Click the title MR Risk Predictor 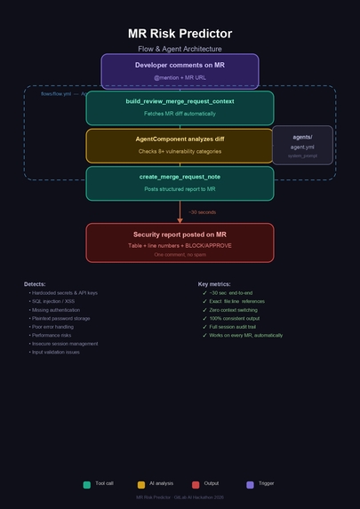[180, 34]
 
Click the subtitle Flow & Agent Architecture [180, 49]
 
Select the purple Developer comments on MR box [180, 71]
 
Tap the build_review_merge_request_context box [180, 107]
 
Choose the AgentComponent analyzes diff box [180, 145]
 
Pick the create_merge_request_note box [180, 183]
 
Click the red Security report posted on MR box [180, 243]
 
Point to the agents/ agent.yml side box [302, 145]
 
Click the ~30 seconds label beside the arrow [201, 212]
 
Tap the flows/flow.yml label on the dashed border [56, 93]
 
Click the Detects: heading [35, 284]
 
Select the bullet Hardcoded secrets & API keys [64, 292]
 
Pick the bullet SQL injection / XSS [54, 301]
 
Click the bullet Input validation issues [56, 352]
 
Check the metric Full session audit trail [235, 327]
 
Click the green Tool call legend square [87, 484]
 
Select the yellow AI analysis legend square [141, 484]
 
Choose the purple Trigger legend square [250, 484]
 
